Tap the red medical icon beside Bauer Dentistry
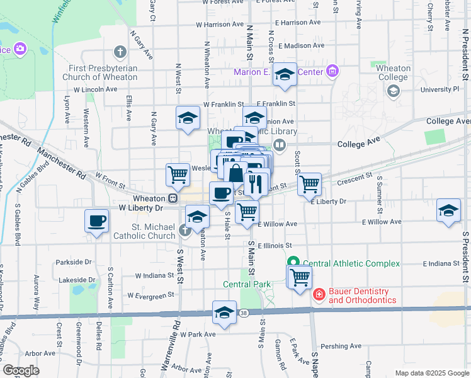(x=319, y=294)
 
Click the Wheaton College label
(x=394, y=72)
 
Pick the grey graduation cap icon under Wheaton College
(x=394, y=91)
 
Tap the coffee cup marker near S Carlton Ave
(x=96, y=221)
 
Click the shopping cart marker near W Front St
(x=178, y=175)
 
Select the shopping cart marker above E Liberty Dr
(x=309, y=184)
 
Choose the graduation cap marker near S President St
(x=448, y=210)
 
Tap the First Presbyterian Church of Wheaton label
(x=100, y=72)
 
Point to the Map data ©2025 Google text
(x=431, y=373)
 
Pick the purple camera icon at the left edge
(x=20, y=49)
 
